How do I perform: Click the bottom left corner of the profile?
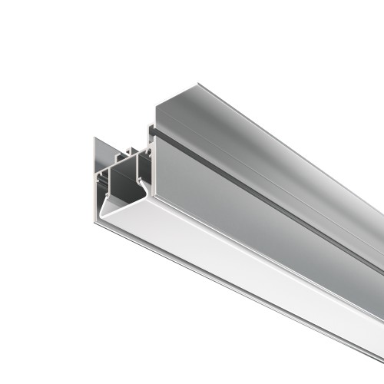coord(96,223)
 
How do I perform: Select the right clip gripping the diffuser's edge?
coord(141,189)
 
